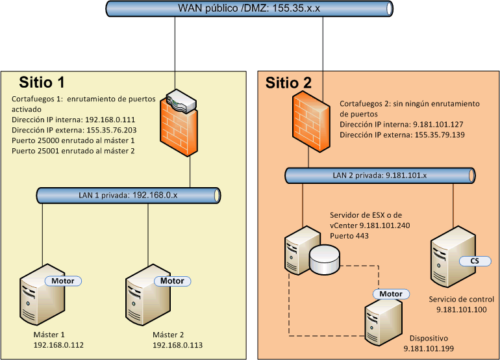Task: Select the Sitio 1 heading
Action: point(42,83)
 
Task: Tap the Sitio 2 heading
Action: point(288,83)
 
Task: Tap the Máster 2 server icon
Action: point(148,296)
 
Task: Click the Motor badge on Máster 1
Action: point(63,281)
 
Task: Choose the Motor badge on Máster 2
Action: point(172,281)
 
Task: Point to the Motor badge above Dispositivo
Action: point(391,294)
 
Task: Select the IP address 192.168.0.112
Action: point(59,345)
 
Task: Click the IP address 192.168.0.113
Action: point(178,345)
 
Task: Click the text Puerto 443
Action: point(350,236)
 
